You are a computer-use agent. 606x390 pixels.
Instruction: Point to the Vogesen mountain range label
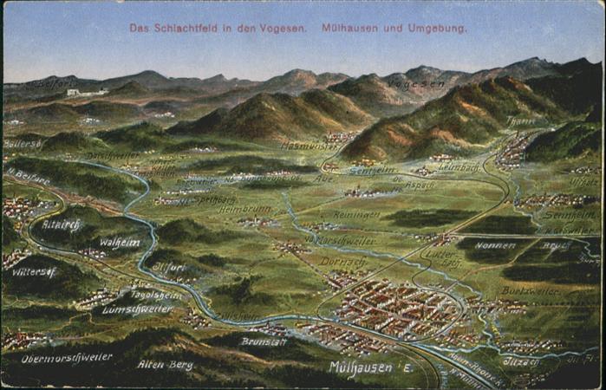pyautogui.click(x=416, y=83)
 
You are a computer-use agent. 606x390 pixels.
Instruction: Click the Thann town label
pyautogui.click(x=521, y=121)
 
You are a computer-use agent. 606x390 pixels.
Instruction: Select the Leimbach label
pyautogui.click(x=457, y=166)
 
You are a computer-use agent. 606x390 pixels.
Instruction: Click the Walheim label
pyautogui.click(x=119, y=243)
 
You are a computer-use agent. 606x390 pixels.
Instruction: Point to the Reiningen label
pyautogui.click(x=356, y=214)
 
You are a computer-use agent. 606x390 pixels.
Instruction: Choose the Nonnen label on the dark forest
pyautogui.click(x=495, y=245)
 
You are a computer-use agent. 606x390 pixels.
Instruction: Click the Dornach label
pyautogui.click(x=343, y=260)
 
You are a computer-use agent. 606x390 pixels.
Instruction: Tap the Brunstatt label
pyautogui.click(x=263, y=341)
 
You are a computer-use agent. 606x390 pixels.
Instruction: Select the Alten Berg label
pyautogui.click(x=165, y=364)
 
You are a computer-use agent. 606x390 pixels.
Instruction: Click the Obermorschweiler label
pyautogui.click(x=67, y=357)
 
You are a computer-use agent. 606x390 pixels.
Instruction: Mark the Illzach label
pyautogui.click(x=520, y=361)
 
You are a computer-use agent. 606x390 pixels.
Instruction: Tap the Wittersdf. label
pyautogui.click(x=35, y=271)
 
